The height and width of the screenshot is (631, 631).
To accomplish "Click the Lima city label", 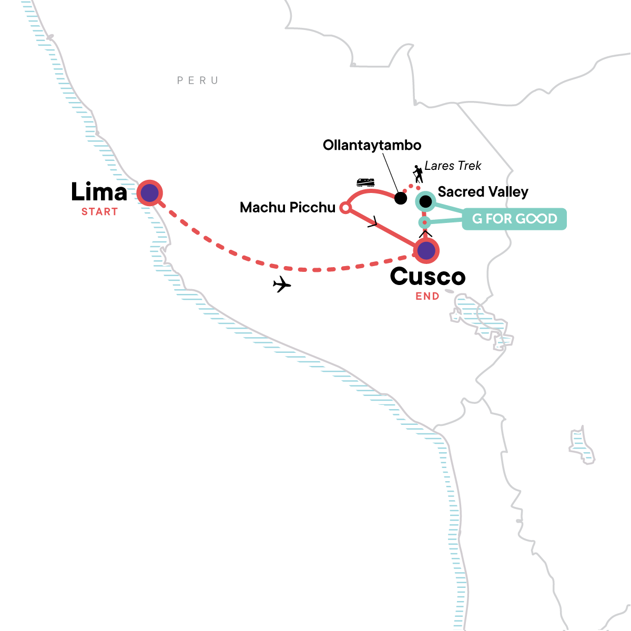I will [99, 192].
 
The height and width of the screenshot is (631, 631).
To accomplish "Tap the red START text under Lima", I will [99, 212].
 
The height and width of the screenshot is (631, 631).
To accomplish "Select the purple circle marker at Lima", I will [150, 193].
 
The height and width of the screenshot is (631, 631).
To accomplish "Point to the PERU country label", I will [198, 80].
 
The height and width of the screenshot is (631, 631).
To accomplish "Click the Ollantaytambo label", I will [372, 145].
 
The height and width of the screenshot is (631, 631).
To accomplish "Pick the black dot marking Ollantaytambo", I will [401, 198].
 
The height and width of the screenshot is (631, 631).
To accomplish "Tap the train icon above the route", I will [365, 182].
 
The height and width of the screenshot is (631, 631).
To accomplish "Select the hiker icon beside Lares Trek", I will [418, 174].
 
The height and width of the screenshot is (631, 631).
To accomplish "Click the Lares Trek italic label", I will [453, 166].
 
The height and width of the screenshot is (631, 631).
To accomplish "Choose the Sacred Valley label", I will [483, 192].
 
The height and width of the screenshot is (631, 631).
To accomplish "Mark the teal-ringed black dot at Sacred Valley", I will [425, 201].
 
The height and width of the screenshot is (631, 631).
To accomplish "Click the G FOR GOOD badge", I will [514, 219].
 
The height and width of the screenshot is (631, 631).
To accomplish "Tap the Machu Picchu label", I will [288, 208].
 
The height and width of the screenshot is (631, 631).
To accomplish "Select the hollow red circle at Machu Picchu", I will [345, 208].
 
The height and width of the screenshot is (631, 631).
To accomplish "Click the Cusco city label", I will [428, 277].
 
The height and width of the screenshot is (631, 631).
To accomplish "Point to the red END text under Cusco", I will [428, 296].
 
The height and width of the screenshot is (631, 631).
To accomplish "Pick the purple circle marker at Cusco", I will [426, 251].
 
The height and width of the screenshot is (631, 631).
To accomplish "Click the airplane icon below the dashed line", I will [282, 284].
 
